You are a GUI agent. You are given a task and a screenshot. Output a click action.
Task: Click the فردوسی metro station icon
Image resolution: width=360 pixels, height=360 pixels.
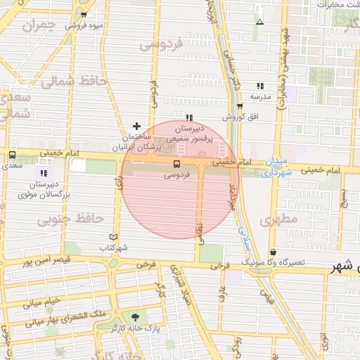click(176, 165)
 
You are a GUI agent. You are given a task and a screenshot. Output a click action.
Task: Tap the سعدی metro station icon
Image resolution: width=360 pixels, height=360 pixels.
click(12, 155)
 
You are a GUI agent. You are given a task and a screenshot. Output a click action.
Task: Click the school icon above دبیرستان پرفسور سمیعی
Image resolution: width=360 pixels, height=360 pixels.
click(190, 117)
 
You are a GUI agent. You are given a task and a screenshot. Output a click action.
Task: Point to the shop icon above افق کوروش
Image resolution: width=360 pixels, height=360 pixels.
click(240, 107)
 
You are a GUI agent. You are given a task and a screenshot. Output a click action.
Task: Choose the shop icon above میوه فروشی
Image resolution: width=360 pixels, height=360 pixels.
click(84, 15)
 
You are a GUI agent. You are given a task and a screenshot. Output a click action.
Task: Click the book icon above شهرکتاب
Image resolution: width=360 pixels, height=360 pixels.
click(115, 238)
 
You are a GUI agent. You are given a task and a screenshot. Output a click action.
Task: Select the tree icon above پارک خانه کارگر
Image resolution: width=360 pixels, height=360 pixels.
click(134, 317)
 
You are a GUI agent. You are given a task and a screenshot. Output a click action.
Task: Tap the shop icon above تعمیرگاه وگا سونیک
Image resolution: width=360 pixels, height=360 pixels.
click(273, 252)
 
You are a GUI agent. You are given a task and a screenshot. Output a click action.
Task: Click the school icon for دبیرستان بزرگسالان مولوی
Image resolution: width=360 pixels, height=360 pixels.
click(44, 172)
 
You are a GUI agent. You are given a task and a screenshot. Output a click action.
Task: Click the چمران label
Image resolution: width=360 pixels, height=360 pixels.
click(38, 27)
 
